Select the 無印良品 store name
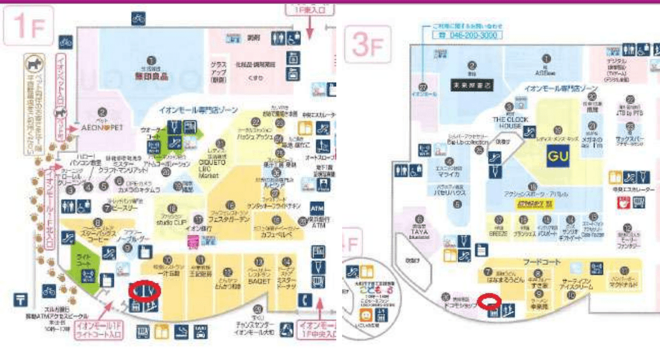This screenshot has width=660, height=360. coord(151,75)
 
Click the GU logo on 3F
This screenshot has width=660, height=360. coord(556,155)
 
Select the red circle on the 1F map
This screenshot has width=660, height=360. coord(144,290)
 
